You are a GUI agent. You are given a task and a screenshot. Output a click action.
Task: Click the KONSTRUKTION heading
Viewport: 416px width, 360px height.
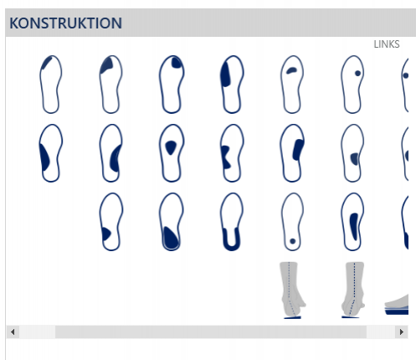click(65, 23)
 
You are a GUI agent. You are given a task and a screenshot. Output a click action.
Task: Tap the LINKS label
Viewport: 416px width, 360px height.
click(387, 44)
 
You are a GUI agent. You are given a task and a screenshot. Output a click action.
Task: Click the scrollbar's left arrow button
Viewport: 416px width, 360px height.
click(13, 332)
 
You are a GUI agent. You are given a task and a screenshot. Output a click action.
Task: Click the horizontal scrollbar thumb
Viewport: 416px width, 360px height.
click(211, 332)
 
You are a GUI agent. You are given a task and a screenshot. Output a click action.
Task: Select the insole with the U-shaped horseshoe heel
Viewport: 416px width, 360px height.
click(232, 222)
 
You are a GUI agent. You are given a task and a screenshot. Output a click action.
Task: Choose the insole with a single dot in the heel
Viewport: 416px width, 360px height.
click(292, 222)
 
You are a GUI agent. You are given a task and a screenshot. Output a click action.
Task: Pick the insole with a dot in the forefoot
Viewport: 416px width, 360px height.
click(352, 85)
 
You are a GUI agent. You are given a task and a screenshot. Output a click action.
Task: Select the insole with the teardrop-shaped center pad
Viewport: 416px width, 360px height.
click(172, 153)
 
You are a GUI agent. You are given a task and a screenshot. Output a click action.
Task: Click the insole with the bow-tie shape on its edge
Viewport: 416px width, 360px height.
click(232, 153)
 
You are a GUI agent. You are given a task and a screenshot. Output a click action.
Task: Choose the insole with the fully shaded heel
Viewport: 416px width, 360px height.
click(172, 222)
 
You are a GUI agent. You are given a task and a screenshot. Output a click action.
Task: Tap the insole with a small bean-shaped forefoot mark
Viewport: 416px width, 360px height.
click(292, 85)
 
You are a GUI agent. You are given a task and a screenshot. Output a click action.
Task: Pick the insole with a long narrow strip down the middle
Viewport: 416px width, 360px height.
click(352, 222)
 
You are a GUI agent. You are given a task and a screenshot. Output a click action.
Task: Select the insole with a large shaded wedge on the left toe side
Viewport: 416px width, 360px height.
click(110, 85)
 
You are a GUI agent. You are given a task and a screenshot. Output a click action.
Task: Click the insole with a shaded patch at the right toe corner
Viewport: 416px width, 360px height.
click(172, 85)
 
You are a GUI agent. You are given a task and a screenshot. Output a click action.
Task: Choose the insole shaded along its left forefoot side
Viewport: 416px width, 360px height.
click(232, 85)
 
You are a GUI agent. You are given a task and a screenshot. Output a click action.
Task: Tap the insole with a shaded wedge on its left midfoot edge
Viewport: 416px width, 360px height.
click(50, 153)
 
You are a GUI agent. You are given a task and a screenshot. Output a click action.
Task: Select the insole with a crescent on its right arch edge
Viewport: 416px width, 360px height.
click(110, 153)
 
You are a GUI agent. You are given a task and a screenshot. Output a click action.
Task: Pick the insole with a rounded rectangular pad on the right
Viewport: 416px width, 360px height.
click(292, 153)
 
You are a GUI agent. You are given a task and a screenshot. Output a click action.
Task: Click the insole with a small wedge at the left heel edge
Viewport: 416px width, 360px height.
click(110, 222)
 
